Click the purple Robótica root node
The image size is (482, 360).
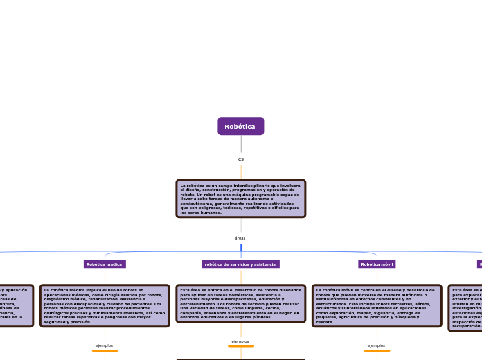click(x=240, y=126)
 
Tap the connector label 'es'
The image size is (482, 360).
click(x=241, y=159)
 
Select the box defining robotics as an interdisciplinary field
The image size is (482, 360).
click(x=240, y=199)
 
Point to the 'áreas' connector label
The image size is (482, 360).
click(x=240, y=238)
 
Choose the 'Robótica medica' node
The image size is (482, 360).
click(x=105, y=264)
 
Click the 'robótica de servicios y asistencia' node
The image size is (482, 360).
click(x=240, y=264)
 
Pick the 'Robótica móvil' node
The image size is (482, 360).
click(x=377, y=264)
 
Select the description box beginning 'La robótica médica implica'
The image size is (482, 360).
click(x=105, y=305)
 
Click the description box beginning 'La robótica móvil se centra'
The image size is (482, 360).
click(x=377, y=305)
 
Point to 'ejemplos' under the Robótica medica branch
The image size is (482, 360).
click(x=105, y=345)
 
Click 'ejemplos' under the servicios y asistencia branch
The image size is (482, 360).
click(x=240, y=341)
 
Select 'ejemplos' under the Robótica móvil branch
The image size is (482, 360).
click(x=377, y=345)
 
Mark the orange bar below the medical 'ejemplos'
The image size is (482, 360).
click(x=105, y=350)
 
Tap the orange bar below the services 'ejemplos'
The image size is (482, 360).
click(x=240, y=346)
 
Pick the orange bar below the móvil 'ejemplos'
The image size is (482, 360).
click(x=377, y=350)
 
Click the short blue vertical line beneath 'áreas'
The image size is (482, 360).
click(x=241, y=248)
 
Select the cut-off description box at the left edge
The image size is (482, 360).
click(x=15, y=305)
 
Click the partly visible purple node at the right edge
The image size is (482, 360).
click(x=479, y=264)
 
